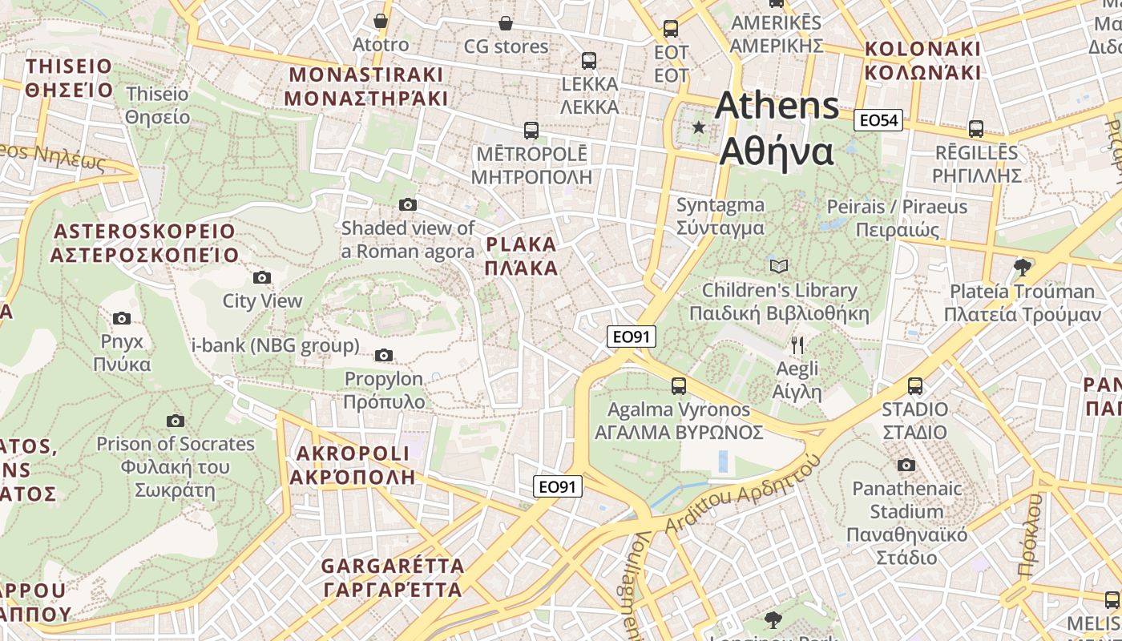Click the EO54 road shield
click(878, 121)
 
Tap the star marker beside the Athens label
click(699, 127)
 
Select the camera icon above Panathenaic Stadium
click(906, 466)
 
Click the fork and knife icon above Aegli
click(797, 345)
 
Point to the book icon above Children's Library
click(778, 266)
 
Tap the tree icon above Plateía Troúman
click(1022, 267)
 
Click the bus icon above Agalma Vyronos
click(678, 386)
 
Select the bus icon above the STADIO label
click(914, 386)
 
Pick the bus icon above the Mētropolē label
click(531, 130)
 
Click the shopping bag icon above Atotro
click(381, 21)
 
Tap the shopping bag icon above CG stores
click(505, 23)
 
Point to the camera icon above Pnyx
click(122, 319)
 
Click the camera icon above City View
click(261, 278)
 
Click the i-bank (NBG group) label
click(275, 346)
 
